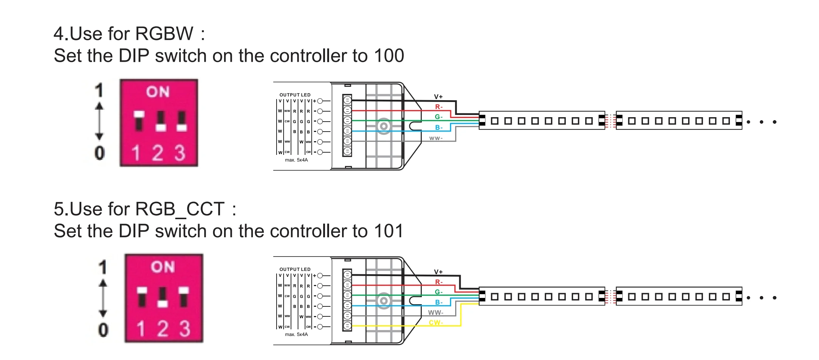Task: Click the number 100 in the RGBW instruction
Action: click(x=389, y=56)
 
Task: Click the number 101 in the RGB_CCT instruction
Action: click(x=388, y=231)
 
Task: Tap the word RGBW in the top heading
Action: click(x=164, y=34)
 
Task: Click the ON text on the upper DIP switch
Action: click(x=158, y=92)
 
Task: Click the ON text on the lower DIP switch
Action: click(x=163, y=267)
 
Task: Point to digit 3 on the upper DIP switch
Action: click(x=180, y=153)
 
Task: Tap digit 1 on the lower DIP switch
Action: click(x=141, y=329)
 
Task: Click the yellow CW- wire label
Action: click(x=436, y=323)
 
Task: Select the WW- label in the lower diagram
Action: click(x=436, y=313)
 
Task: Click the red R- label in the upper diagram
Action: click(x=439, y=107)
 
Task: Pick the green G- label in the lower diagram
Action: click(x=439, y=292)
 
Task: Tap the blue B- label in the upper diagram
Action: click(x=439, y=128)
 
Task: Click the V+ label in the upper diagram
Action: click(x=438, y=97)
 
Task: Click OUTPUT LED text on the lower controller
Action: click(x=295, y=269)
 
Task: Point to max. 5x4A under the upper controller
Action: click(x=296, y=160)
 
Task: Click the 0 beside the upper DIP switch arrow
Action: click(x=99, y=153)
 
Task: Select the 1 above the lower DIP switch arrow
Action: click(x=103, y=267)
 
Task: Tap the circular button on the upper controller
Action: click(x=384, y=126)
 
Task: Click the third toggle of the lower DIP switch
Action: click(x=184, y=297)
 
